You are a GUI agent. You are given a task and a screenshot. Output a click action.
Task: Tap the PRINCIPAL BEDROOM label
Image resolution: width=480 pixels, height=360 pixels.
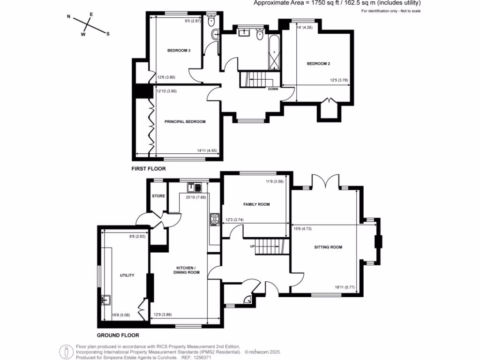click(x=185, y=121)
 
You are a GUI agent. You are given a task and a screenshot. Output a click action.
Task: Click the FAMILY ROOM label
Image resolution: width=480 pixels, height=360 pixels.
click(x=257, y=205)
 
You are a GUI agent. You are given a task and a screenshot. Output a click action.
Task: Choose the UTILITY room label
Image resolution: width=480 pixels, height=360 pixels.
click(x=127, y=275)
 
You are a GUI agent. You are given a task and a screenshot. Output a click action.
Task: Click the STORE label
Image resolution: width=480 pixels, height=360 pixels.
click(x=158, y=195)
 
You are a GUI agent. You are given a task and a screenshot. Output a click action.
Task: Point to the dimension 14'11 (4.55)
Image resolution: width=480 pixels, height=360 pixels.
click(x=207, y=150)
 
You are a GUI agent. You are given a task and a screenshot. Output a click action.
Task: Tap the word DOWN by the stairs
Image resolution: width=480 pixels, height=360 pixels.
click(x=274, y=89)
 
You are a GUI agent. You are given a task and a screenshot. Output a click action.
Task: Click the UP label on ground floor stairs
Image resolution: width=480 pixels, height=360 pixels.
click(x=252, y=246)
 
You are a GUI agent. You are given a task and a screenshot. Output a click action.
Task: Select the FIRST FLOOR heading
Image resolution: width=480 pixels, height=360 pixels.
click(x=149, y=168)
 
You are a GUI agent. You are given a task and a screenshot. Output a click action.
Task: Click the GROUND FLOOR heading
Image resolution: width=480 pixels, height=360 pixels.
click(x=118, y=335)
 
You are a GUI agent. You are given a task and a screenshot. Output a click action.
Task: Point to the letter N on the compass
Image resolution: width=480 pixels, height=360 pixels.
click(x=69, y=17)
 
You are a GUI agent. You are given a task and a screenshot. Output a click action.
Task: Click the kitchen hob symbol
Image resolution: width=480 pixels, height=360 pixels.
click(x=215, y=218)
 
